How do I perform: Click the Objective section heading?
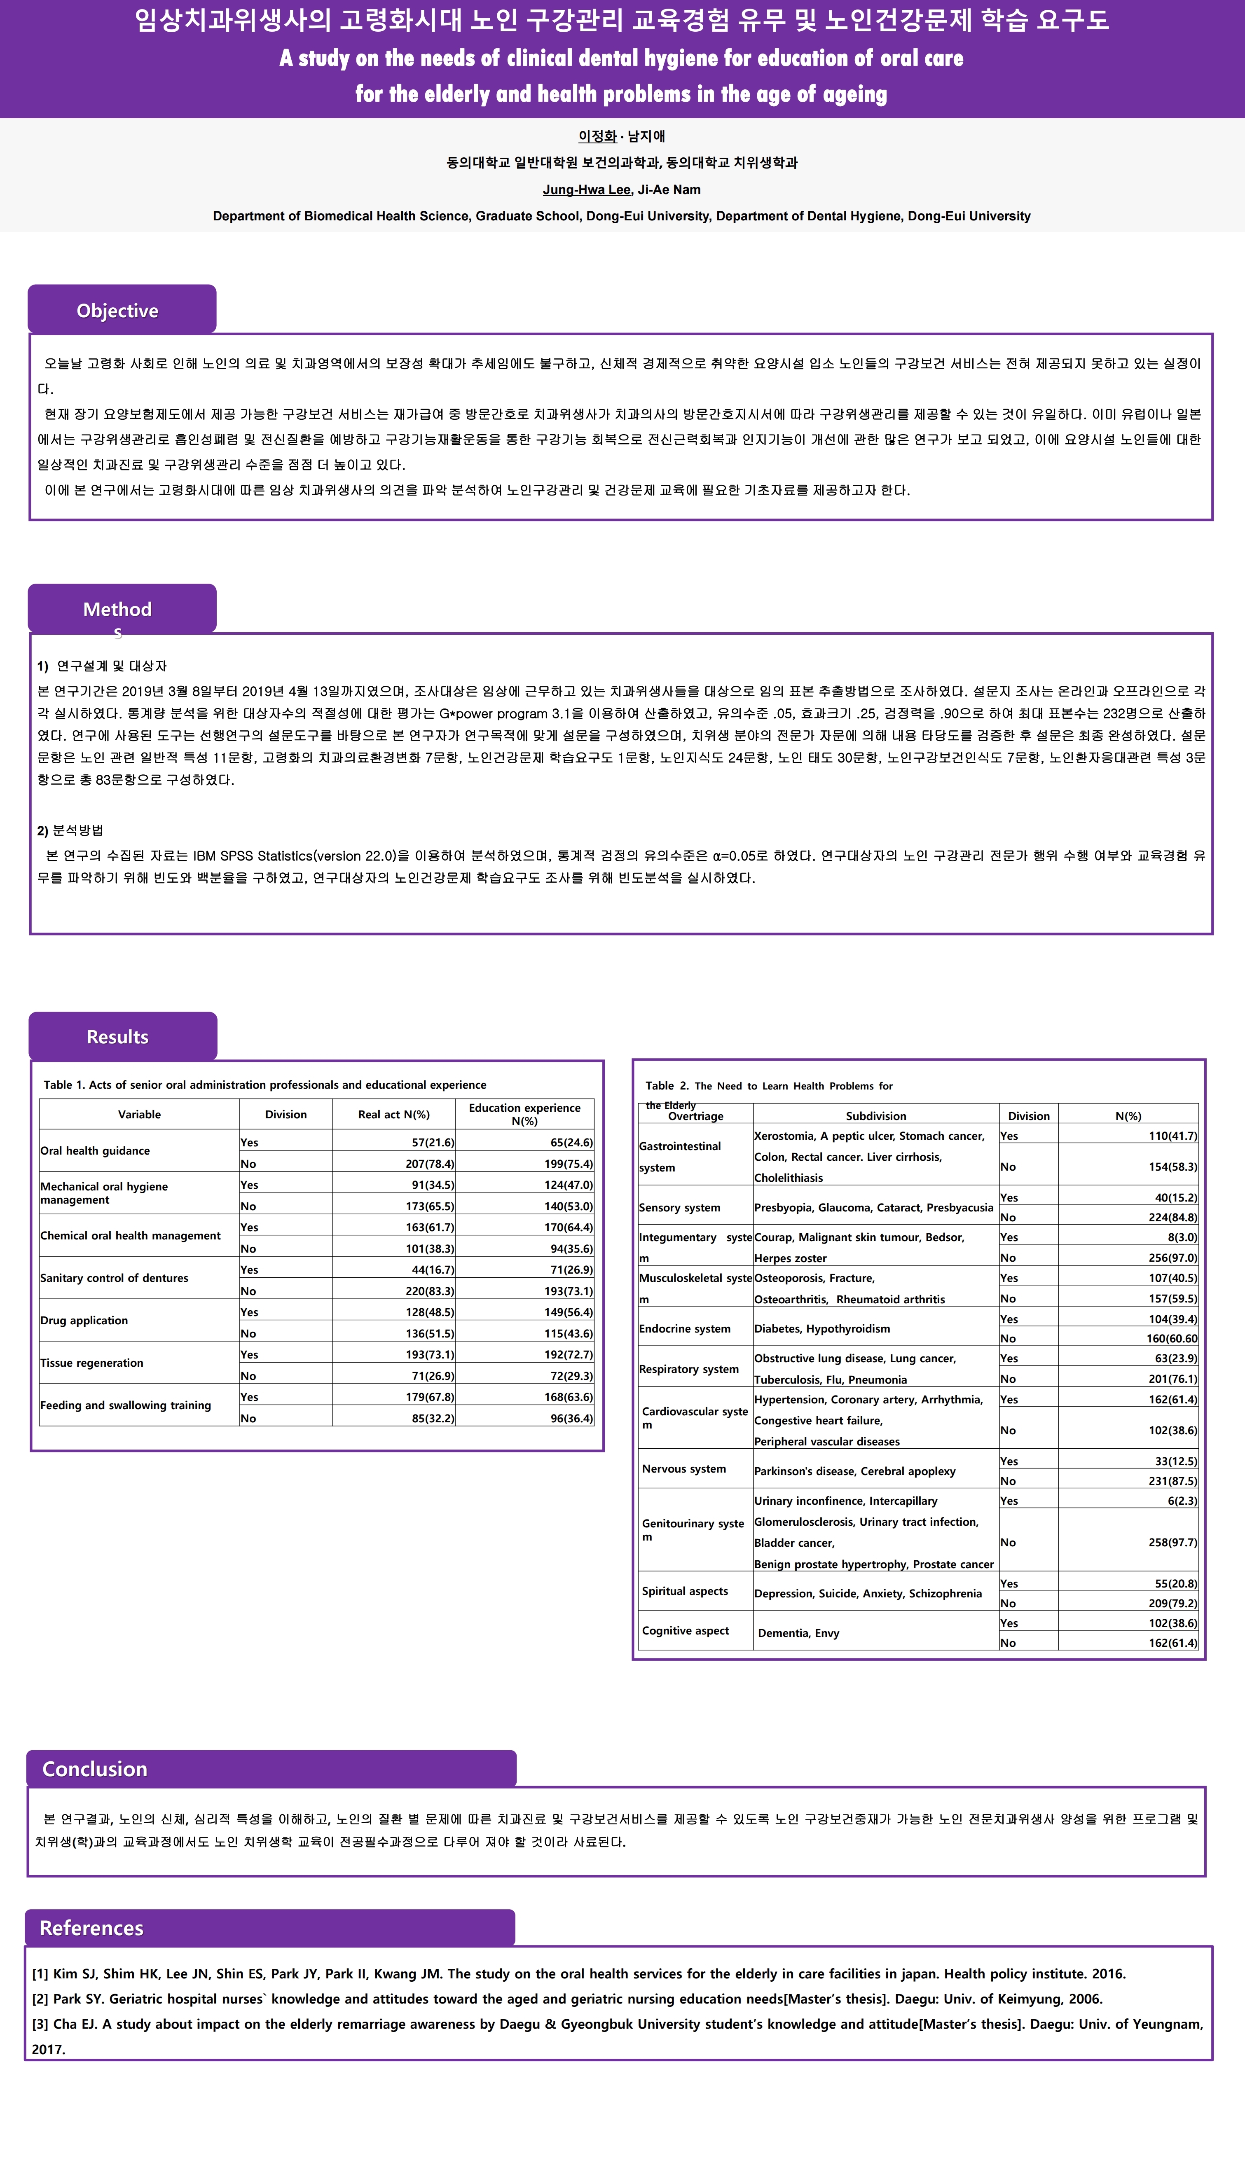click(117, 310)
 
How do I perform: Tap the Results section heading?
click(117, 1037)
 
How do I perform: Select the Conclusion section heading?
click(95, 1769)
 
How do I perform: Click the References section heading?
click(91, 1928)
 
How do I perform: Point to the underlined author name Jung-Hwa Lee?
click(587, 190)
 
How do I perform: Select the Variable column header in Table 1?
click(139, 1114)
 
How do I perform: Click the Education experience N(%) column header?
click(524, 1114)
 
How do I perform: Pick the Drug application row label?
click(84, 1320)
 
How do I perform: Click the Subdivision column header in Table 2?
click(875, 1115)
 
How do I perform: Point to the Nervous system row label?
click(684, 1468)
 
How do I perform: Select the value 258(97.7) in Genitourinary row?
click(1172, 1542)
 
